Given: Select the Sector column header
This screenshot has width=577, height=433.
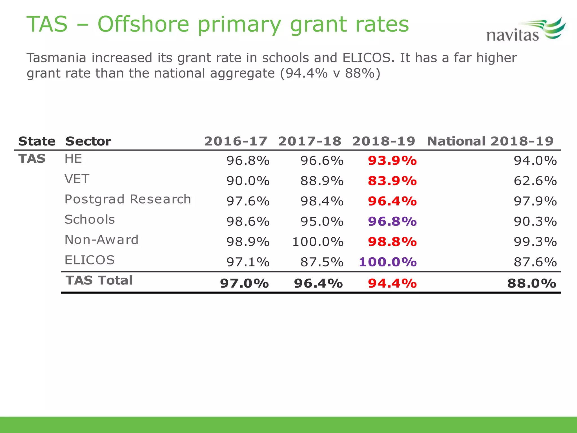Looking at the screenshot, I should click(88, 141).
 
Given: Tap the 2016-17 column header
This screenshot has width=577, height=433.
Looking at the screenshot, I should click(236, 141).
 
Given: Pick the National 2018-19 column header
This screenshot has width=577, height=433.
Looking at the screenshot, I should click(490, 141).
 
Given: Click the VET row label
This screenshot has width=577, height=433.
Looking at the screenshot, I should click(77, 179).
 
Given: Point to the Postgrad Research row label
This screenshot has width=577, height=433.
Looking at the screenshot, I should click(128, 199).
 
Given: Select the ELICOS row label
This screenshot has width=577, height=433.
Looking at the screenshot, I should click(90, 260).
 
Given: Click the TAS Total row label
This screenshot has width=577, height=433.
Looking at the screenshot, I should click(99, 280).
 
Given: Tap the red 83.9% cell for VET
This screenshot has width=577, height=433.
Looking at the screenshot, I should click(392, 181).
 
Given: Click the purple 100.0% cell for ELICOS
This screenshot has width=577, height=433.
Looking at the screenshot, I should click(388, 262).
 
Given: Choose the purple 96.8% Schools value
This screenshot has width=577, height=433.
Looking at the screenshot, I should click(392, 222).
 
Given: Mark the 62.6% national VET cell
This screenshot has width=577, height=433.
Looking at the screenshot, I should click(535, 181).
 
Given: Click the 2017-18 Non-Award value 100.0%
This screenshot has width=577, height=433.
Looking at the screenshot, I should click(318, 242).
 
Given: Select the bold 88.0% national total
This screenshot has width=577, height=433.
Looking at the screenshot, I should click(532, 284).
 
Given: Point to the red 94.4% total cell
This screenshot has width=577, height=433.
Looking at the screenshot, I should click(392, 284).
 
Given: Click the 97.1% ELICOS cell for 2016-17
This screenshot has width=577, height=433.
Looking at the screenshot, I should click(248, 262).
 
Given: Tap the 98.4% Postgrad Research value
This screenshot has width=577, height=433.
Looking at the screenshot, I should click(322, 201).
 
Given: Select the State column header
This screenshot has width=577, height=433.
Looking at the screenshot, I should click(37, 141).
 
